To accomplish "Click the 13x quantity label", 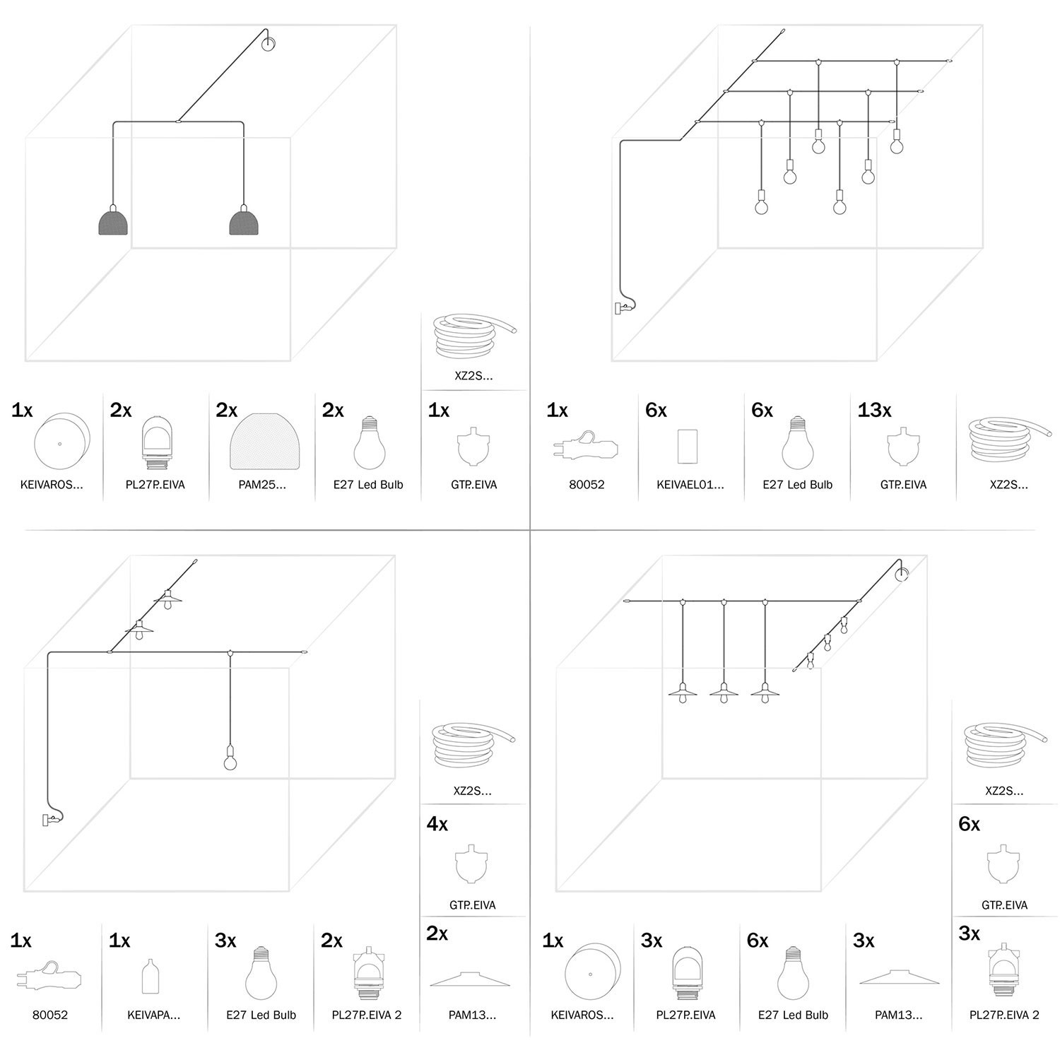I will coord(874,410).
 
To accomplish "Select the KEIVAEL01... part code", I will coord(690,485).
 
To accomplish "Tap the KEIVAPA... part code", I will coord(153,1015).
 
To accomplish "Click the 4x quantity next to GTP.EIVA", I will coord(437,824).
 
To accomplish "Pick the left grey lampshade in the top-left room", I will coord(113,220).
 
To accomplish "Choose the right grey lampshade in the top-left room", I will coord(245,220).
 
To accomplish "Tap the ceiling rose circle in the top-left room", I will coord(269,44).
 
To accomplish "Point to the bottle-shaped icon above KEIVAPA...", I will coord(148,975).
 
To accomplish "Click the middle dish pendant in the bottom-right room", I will coord(724,691).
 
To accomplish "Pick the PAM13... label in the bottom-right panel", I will coord(898,1015).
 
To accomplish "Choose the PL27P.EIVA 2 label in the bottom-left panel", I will coord(367,1015).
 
